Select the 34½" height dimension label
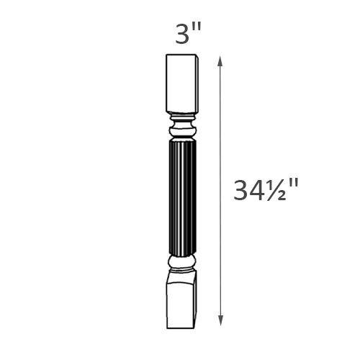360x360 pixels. [266, 191]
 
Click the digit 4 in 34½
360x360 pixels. [258, 191]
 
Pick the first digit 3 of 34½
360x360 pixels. [243, 191]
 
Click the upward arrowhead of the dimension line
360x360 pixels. [220, 59]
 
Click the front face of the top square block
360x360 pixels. [179, 83]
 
